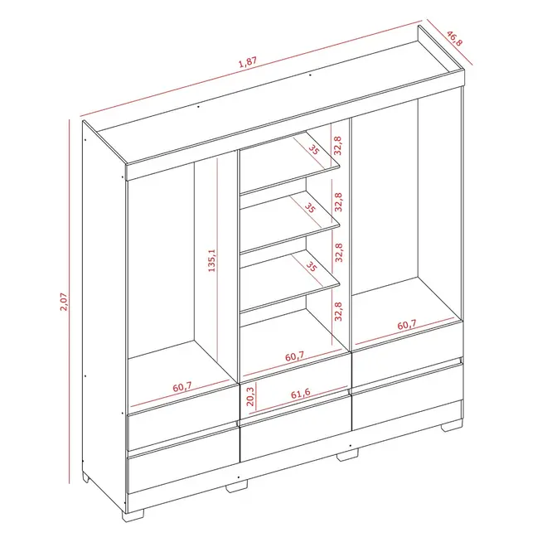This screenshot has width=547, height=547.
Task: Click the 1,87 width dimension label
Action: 248,62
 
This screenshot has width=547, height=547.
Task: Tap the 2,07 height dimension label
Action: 64,302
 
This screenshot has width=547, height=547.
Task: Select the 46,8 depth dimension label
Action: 454,38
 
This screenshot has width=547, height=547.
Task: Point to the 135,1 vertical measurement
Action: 211,260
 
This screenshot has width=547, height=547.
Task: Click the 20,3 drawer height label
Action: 250,397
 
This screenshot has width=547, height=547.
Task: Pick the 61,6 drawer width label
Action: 301,394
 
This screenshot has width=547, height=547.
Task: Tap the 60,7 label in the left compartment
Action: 182,387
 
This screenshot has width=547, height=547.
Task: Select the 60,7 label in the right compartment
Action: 407,325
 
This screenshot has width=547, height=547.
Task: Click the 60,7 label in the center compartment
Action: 295,357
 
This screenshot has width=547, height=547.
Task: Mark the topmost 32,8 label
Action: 337,146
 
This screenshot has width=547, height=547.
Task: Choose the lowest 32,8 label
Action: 338,311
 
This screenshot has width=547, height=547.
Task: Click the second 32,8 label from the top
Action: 338,202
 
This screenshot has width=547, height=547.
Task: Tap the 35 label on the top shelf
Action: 313,150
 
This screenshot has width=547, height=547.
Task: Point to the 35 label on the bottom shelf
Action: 311,267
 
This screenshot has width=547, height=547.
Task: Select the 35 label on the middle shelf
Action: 310,208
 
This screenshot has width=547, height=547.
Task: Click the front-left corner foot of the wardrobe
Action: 133,516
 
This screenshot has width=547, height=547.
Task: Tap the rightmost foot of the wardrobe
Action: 453,427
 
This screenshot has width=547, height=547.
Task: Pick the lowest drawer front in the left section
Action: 184,461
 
